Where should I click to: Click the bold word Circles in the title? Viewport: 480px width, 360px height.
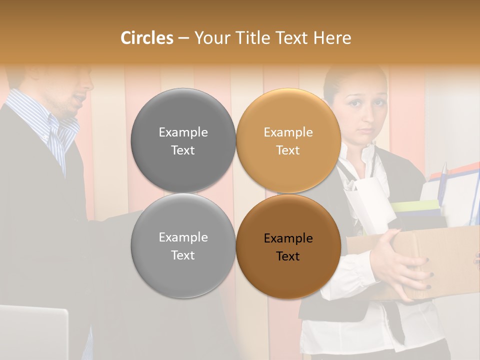coord(146,38)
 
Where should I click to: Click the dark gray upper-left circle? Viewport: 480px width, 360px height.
coord(183,140)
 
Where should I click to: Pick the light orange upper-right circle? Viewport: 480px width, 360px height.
coord(288,140)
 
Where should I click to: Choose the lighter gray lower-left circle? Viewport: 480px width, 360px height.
coord(183,245)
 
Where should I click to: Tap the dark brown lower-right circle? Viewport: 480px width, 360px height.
coord(288,246)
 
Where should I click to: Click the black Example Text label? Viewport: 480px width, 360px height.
coord(288,247)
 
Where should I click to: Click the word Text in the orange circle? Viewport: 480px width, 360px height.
coord(288,150)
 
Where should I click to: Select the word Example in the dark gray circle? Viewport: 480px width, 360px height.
coord(183,132)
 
